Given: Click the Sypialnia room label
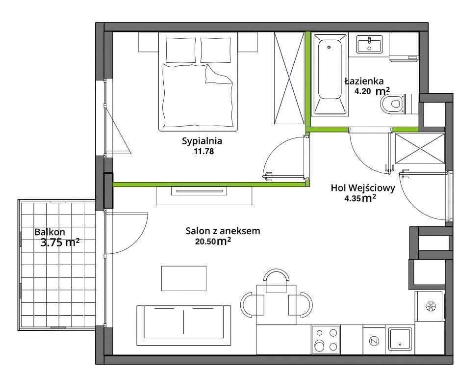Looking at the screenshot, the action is click(x=202, y=141).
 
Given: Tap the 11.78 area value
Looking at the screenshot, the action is click(x=204, y=151).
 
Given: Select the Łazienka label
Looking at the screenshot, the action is click(x=364, y=81).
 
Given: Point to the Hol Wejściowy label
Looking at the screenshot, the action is click(x=363, y=188).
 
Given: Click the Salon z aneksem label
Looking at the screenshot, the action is click(x=223, y=231).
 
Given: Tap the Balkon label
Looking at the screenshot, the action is click(x=50, y=232).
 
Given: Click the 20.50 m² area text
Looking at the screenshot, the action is click(x=213, y=242).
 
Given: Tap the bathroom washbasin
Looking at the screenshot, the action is click(x=370, y=44).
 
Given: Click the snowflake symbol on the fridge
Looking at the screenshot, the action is click(x=430, y=306).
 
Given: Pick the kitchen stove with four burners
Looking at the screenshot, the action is click(x=326, y=340).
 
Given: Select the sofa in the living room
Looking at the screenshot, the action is click(x=184, y=325).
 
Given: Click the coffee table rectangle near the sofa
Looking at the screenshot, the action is click(x=184, y=278).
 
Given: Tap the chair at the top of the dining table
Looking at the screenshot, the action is click(x=276, y=280).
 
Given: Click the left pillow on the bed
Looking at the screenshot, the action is click(x=181, y=50).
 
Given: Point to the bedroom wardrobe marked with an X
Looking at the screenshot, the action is click(x=289, y=78).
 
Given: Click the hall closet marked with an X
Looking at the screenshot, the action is click(x=419, y=148).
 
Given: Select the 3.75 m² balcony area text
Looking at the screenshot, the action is click(x=60, y=242).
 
